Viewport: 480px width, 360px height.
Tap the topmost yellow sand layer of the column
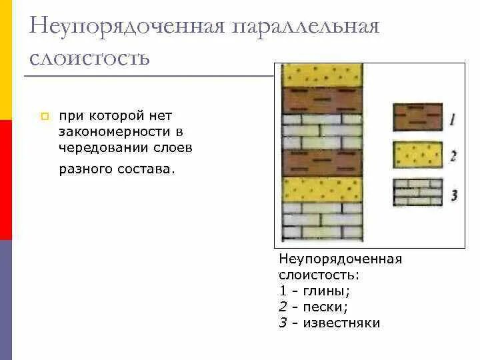323,75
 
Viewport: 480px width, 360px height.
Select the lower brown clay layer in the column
323,163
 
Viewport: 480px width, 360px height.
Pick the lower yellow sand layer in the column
323,190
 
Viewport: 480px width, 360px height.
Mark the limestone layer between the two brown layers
323,132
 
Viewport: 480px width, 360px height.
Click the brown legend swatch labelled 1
417,116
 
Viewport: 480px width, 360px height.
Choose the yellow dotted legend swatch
417,155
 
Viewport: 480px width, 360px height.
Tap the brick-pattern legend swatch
417,193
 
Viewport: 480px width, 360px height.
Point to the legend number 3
453,195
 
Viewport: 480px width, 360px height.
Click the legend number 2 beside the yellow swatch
453,156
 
